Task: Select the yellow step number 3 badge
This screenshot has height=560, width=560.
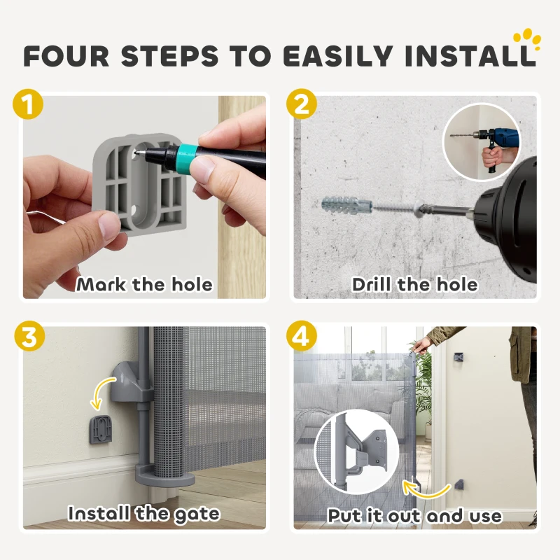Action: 29,337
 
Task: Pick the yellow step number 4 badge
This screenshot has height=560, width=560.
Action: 302,337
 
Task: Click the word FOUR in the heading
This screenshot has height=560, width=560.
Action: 66,56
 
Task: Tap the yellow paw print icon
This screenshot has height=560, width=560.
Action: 527,41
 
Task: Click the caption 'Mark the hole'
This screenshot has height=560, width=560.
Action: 144,285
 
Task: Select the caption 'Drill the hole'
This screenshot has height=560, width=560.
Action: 414,285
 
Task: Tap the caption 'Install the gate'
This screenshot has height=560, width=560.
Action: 144,514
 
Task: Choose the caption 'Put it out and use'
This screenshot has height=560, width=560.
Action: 414,516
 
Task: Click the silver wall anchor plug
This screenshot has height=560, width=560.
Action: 347,206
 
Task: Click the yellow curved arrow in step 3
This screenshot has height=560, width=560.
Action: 101,393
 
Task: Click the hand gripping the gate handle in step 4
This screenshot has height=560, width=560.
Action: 421,344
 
